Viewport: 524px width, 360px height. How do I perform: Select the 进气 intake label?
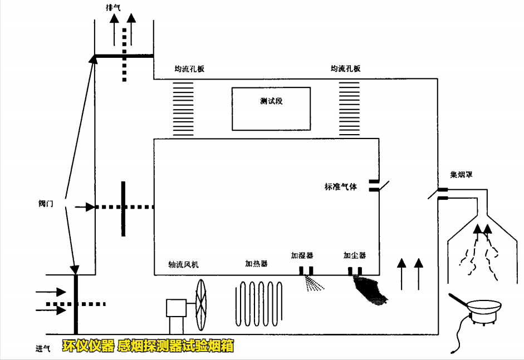click(43, 348)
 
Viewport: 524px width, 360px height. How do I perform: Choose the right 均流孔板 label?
click(345, 68)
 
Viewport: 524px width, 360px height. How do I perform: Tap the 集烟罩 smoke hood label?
click(462, 175)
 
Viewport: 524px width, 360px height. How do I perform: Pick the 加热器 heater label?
click(256, 263)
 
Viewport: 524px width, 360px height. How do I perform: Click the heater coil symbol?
click(259, 304)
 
